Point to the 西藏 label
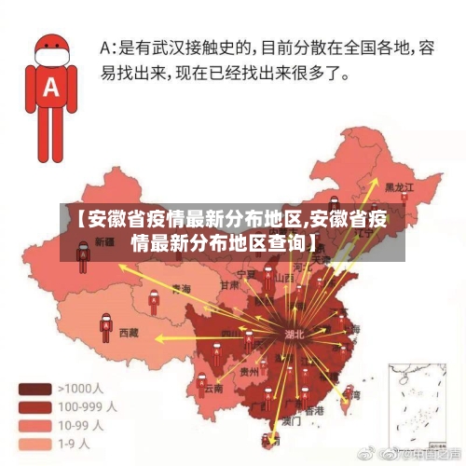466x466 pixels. (x=129, y=332)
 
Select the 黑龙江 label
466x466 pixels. (x=397, y=187)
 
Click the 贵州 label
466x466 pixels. (x=249, y=371)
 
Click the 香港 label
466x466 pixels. (x=315, y=410)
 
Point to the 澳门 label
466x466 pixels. (x=291, y=421)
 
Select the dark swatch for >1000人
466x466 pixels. (x=34, y=389)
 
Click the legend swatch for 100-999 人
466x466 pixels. (x=34, y=406)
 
